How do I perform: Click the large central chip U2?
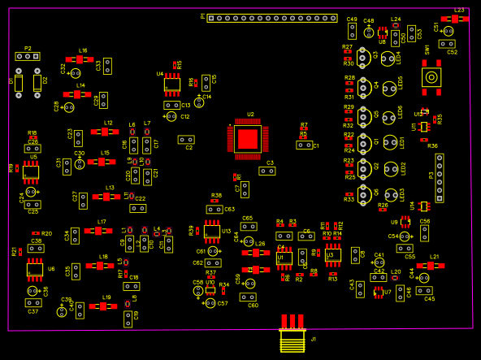[248, 138]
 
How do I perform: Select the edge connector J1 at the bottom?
[292, 335]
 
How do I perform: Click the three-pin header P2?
[28, 56]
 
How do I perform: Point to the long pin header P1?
[271, 17]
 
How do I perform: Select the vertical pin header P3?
[440, 177]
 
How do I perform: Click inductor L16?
[80, 59]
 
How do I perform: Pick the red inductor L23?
[454, 19]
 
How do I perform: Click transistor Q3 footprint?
[363, 58]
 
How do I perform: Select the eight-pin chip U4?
[171, 84]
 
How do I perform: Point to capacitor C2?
[186, 140]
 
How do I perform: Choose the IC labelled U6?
[35, 268]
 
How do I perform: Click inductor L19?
[103, 306]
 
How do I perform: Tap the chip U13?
[212, 232]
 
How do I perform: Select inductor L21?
[431, 265]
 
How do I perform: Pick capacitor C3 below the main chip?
[266, 171]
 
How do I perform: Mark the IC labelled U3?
[331, 254]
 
